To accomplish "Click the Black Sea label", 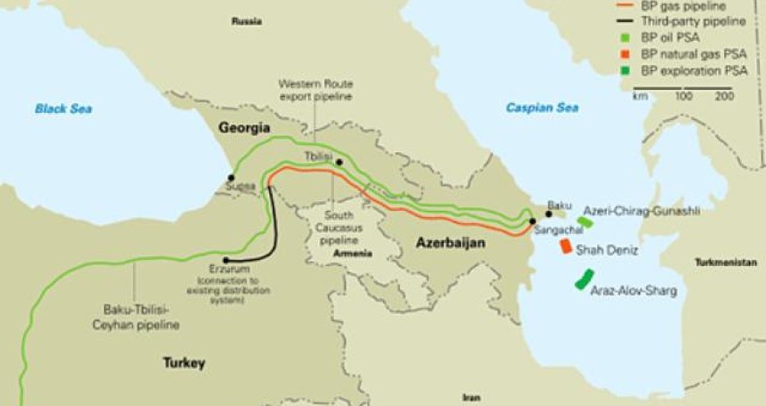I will [x=63, y=108].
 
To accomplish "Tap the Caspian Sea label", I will [x=540, y=108].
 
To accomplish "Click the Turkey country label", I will [x=183, y=362].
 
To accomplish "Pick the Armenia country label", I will [x=354, y=254].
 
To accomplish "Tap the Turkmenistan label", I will [x=728, y=262].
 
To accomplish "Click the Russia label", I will [x=247, y=19].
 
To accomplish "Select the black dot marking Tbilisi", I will [x=339, y=163].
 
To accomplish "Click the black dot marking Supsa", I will [x=231, y=178].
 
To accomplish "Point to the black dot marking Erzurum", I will [x=226, y=260].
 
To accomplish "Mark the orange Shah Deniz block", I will [x=566, y=246].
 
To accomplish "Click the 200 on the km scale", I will [x=724, y=96].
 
